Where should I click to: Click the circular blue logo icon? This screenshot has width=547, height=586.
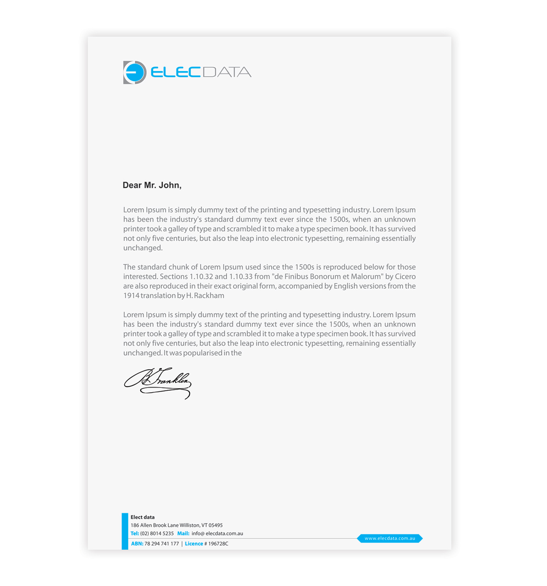pos(135,72)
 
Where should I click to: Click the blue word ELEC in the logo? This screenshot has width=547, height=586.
pos(175,72)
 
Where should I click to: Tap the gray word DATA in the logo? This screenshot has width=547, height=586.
pos(227,72)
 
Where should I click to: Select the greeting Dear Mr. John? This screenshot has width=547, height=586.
pos(152,185)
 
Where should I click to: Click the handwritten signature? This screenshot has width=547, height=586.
pos(158,382)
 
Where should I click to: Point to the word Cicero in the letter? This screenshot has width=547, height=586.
pos(405,277)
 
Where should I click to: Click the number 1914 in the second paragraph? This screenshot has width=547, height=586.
pos(131,296)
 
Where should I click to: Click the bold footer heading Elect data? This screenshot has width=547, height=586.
pos(143,517)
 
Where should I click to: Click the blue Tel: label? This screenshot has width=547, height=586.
pos(135,534)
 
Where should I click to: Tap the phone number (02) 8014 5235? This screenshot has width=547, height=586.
pos(157,534)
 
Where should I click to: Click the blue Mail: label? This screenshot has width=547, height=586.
pos(183,534)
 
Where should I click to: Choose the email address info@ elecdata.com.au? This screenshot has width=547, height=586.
pos(217,534)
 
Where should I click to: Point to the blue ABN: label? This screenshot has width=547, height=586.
pos(137,544)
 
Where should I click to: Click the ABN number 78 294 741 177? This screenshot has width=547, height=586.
pos(162,544)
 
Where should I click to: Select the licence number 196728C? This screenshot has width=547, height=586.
pos(218,544)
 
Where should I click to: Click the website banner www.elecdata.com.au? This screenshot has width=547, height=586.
pos(390,538)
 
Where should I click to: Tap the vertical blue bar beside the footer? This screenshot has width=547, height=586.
pos(125,531)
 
